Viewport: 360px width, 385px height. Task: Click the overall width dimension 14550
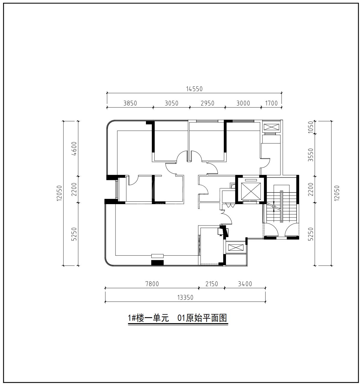[194, 89]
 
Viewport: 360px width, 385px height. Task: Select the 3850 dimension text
[130, 103]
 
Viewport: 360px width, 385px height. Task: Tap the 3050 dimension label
[171, 103]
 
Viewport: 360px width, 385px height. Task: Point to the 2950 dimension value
[207, 103]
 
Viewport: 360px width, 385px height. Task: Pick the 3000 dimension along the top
[243, 103]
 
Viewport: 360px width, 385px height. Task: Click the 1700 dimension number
[271, 103]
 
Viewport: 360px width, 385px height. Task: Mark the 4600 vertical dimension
[74, 148]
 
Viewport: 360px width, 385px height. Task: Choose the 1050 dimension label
[310, 127]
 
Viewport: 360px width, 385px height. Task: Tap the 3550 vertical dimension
[310, 155]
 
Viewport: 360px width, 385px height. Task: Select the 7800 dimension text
[152, 284]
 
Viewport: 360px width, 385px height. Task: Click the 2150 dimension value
[212, 284]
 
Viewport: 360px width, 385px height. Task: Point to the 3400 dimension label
[245, 284]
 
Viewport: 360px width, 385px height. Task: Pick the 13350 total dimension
[185, 297]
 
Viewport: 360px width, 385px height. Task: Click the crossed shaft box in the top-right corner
[271, 127]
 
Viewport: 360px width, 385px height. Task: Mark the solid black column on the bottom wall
[157, 263]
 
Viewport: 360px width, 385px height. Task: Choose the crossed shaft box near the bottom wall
[236, 248]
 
